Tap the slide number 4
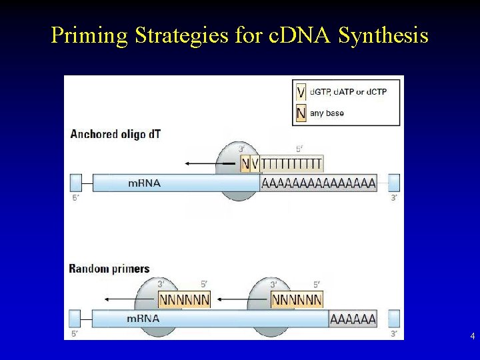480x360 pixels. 472,337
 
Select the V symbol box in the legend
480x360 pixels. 301,91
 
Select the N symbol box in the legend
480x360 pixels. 301,113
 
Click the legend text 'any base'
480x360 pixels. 327,113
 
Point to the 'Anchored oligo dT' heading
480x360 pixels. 115,134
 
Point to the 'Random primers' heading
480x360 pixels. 109,269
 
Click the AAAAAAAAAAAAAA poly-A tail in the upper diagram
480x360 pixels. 318,183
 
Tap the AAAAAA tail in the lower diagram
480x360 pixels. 353,319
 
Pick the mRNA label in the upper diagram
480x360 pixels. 145,183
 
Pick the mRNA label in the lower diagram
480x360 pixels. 143,319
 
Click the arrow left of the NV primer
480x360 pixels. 210,163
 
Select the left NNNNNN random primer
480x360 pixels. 185,300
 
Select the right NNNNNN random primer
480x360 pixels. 297,300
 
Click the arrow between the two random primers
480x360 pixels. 241,300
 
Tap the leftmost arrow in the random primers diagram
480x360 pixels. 129,300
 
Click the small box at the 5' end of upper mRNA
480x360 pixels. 76,182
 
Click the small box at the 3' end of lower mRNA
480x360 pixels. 393,319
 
